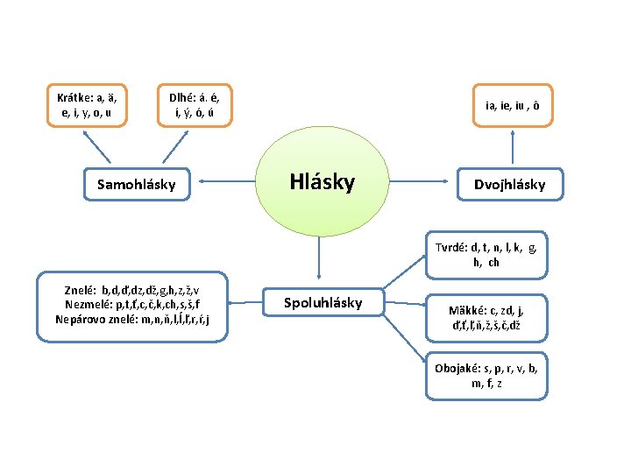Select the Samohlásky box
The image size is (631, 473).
pyautogui.click(x=136, y=184)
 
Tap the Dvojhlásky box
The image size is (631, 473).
pyautogui.click(x=509, y=184)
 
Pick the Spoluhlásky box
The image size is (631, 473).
pyautogui.click(x=323, y=303)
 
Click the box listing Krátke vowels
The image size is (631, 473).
pyautogui.click(x=88, y=106)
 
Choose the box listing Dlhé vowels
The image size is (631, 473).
pyautogui.click(x=195, y=106)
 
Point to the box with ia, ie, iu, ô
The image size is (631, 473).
pyautogui.click(x=513, y=106)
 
